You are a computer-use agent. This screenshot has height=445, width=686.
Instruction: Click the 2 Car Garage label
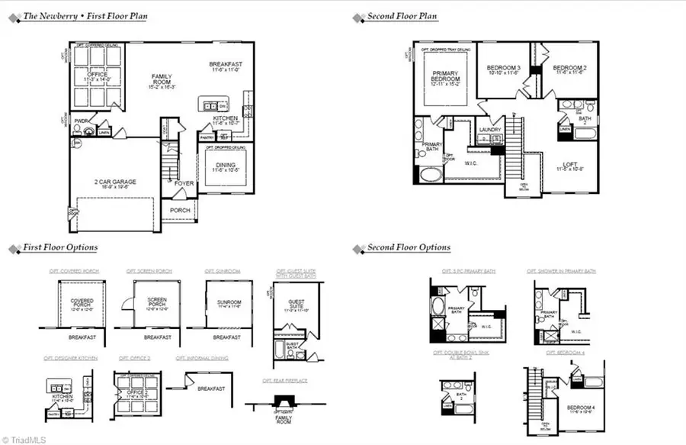pos(116,182)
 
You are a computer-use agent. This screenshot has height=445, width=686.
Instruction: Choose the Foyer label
pos(184,183)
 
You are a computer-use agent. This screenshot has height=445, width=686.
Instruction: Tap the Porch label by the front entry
pos(180,210)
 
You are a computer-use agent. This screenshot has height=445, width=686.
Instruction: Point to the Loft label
pos(569,164)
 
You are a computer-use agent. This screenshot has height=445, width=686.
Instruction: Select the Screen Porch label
pos(157,302)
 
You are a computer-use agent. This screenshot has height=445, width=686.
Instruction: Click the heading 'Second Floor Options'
pos(409,247)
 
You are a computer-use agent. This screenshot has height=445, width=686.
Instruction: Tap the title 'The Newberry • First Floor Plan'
pos(85,15)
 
